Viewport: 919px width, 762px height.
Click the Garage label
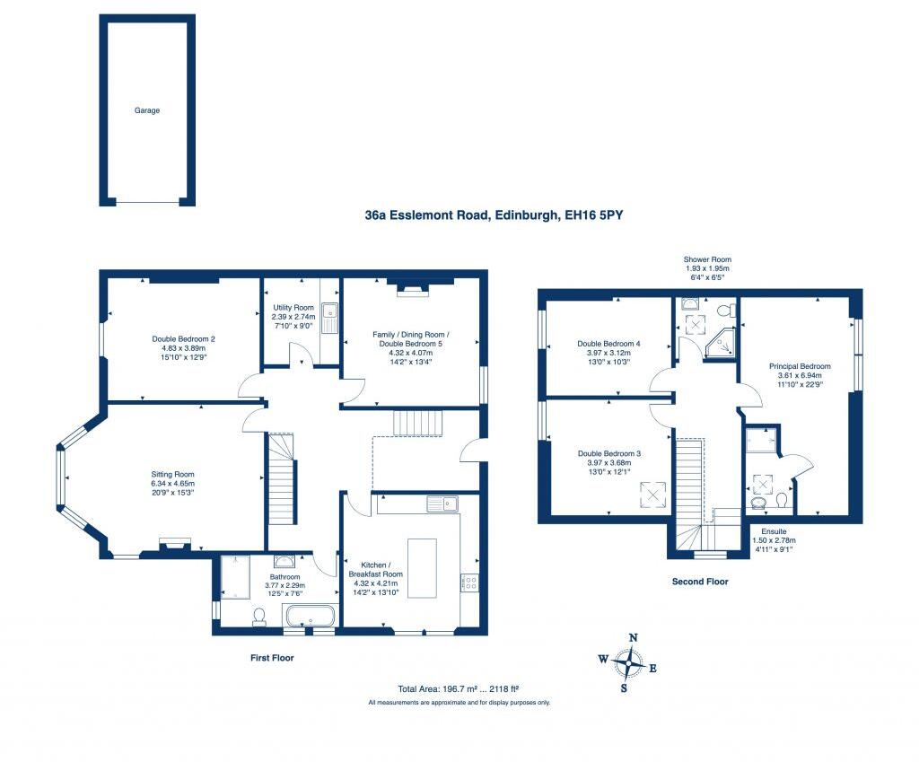147,110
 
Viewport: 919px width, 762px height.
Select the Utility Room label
293,308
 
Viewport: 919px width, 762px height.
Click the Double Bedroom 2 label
183,339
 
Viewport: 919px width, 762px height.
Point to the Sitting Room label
174,474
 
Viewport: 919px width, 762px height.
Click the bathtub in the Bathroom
310,617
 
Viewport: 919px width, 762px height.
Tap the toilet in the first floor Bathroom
259,616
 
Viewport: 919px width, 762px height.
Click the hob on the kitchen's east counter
469,583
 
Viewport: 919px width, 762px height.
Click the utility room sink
328,315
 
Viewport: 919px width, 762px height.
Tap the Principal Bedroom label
800,366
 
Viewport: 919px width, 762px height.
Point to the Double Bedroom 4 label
608,344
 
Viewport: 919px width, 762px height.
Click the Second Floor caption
700,582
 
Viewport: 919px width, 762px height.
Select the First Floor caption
271,658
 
